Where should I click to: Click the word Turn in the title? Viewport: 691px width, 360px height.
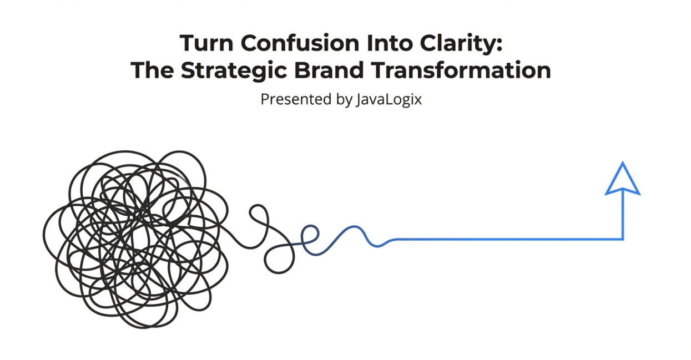pyautogui.click(x=206, y=43)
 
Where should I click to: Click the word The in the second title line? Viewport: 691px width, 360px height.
pyautogui.click(x=152, y=70)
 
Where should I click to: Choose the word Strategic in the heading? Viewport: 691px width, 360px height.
pyautogui.click(x=234, y=72)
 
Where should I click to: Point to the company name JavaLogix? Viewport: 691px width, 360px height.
pyautogui.click(x=389, y=100)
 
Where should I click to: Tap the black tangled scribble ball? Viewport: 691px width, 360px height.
pyautogui.click(x=136, y=239)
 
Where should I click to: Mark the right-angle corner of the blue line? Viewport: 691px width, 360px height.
pyautogui.click(x=623, y=239)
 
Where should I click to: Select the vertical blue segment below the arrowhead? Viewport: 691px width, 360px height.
pyautogui.click(x=623, y=214)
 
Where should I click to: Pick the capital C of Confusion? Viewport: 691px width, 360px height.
pyautogui.click(x=249, y=43)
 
